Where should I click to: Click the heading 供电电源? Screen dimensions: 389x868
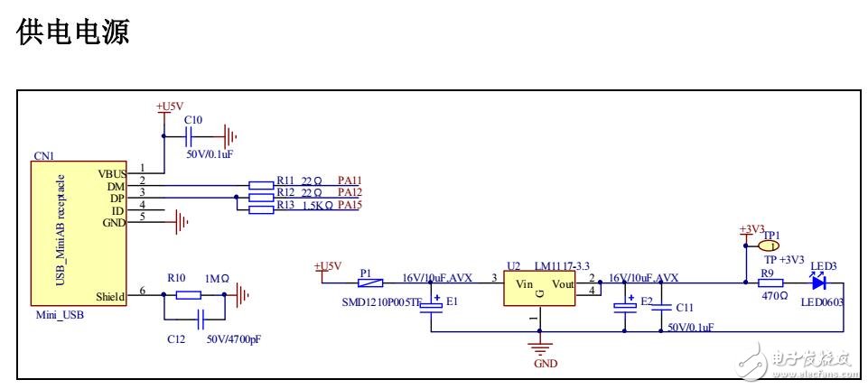coord(75,33)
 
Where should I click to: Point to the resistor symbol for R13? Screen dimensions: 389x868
coord(260,210)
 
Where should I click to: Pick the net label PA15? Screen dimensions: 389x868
coord(350,206)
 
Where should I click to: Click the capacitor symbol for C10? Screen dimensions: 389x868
coord(191,137)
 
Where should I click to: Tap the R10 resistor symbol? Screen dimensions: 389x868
coord(188,295)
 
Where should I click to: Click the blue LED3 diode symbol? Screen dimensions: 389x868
coord(818,282)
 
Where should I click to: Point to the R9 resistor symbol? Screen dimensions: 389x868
coord(770,282)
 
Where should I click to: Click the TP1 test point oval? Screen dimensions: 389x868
coord(770,245)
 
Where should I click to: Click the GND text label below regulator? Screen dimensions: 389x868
coord(546,364)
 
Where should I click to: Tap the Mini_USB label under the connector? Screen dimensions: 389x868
coord(54,317)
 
